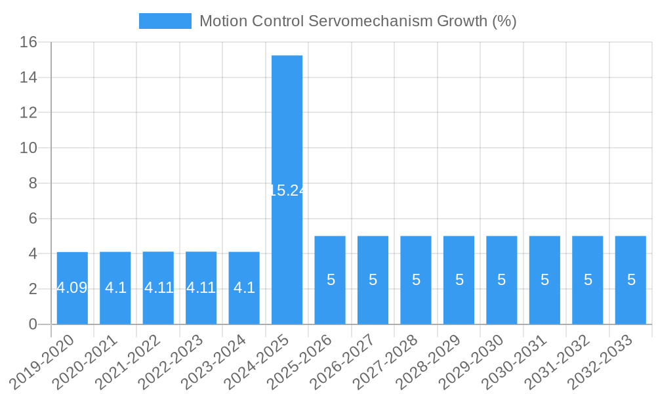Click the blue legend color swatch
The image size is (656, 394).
point(165,21)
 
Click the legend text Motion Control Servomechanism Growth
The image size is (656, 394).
point(358,21)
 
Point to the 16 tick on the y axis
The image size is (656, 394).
point(28,43)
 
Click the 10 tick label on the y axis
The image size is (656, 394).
point(28,148)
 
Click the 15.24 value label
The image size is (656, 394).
point(287,190)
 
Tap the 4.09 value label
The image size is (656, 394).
point(72,288)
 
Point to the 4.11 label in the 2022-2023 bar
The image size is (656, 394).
point(201,288)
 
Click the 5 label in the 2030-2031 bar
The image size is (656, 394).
point(544,280)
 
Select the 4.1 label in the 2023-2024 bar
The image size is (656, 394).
point(244,288)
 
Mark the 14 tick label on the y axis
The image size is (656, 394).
point(28,77)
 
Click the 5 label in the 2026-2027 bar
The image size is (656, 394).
point(373,280)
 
